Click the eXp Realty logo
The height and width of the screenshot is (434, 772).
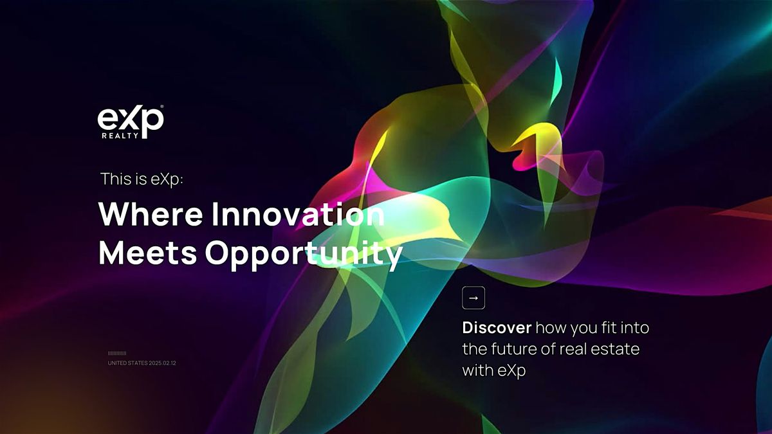[130, 122]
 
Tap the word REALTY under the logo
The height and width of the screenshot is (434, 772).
[120, 136]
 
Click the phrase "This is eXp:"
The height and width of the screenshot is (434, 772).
[142, 179]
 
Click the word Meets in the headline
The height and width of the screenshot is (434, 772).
[148, 253]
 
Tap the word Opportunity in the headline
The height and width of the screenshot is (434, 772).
[304, 255]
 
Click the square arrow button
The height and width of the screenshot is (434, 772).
[473, 298]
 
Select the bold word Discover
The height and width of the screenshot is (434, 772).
[497, 327]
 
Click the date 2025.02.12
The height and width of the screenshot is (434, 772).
[162, 363]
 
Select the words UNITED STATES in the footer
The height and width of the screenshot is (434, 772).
[127, 363]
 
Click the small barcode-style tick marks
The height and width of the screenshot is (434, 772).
[117, 354]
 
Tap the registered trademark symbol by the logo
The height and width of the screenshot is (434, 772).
[162, 107]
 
